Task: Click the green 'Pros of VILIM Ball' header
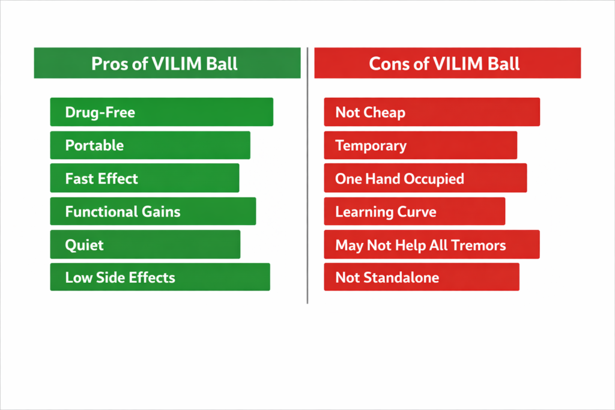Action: [167, 63]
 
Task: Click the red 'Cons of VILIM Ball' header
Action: [447, 63]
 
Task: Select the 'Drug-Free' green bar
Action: [162, 112]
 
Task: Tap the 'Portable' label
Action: [94, 145]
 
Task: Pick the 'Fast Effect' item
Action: [145, 178]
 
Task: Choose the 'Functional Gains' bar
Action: [153, 211]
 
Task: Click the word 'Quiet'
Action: [84, 245]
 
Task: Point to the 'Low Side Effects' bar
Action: [160, 277]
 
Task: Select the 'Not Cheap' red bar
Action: [432, 112]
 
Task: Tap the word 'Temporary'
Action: [371, 146]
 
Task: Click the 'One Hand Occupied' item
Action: [425, 178]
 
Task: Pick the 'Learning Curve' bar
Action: [414, 211]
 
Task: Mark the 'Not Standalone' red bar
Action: [422, 277]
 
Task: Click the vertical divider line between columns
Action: [307, 176]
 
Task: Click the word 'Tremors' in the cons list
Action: [479, 246]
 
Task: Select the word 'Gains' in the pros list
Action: [161, 212]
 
